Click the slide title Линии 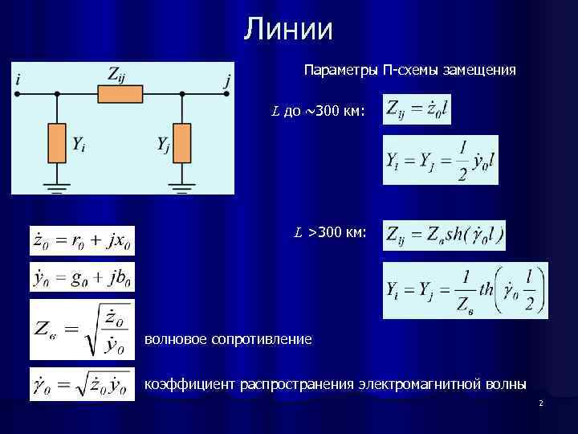(x=289, y=30)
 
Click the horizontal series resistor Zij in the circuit (x=120, y=95)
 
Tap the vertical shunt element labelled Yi (x=58, y=143)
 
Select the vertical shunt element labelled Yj (x=183, y=143)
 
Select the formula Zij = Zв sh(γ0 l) (x=455, y=235)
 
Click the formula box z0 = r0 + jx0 (x=82, y=240)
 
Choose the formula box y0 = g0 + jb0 (x=82, y=278)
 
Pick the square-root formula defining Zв (x=80, y=329)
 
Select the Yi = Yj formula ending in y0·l (x=441, y=161)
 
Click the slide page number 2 (x=541, y=403)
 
